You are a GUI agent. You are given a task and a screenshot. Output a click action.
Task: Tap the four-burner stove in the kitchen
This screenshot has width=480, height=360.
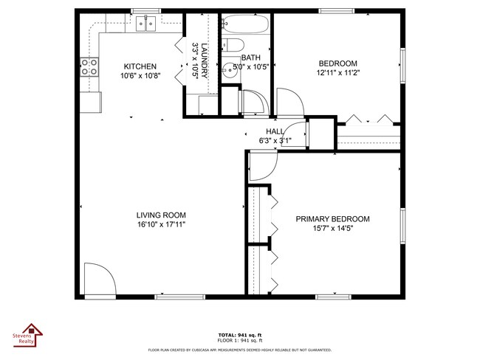pos(89,68)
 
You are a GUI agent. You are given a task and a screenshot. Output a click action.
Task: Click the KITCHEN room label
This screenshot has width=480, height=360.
pos(140,66)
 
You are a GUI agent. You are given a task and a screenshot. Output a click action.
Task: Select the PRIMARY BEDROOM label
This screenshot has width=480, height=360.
pos(332,219)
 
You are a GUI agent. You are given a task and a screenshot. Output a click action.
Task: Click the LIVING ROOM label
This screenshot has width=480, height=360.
pos(160,215)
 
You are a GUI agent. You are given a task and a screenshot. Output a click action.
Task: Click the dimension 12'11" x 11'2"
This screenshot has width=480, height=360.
pos(337,73)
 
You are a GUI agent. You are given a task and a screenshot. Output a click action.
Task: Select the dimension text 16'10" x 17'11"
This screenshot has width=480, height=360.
pos(160,224)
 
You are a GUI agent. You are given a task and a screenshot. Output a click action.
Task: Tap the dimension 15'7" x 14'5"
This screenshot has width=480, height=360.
pos(332,229)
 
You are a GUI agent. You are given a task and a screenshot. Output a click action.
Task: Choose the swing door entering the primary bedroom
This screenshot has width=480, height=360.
pos(261,166)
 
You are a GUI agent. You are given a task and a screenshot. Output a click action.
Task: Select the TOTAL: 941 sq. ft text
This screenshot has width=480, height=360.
pos(239,334)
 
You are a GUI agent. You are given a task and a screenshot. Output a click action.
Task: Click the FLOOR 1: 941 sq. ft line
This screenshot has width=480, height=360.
pos(239,340)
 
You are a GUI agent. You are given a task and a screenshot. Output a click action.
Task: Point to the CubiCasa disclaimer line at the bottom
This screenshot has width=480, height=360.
pos(239,350)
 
